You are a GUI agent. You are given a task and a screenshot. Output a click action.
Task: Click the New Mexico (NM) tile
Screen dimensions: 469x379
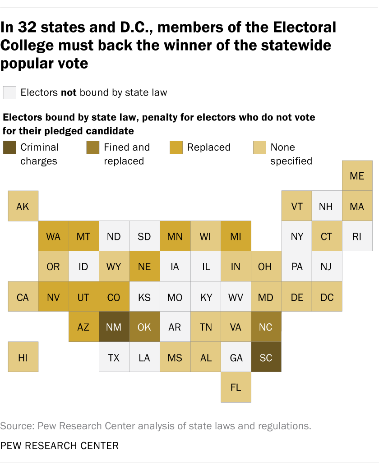[114, 327]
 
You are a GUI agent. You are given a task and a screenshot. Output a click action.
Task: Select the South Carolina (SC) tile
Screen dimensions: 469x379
[266, 357]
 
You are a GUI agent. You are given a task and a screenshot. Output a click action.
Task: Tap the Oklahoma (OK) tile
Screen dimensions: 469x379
[144, 327]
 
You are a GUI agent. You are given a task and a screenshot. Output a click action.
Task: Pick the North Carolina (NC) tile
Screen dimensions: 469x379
[266, 327]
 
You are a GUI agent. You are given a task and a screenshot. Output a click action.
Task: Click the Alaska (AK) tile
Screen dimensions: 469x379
[23, 206]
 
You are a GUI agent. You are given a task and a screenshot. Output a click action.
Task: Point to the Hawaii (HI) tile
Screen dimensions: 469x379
[23, 357]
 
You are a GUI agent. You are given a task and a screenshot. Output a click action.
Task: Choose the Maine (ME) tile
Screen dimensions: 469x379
[357, 175]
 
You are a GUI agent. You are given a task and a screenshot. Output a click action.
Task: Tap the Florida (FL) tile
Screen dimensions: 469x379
[236, 387]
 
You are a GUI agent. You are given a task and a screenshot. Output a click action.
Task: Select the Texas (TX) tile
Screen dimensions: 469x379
[114, 357]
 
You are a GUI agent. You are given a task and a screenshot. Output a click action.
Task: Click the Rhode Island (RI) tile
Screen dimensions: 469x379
[357, 236]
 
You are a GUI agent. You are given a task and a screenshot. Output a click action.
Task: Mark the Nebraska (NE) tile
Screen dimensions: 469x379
[144, 266]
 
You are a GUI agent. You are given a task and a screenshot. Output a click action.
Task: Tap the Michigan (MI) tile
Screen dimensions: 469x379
[236, 236]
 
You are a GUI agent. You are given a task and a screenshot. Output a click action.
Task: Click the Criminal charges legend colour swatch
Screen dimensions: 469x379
[10, 147]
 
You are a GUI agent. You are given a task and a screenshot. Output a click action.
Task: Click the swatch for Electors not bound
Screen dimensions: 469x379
[10, 92]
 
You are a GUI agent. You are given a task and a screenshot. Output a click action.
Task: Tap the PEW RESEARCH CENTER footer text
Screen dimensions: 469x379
[60, 446]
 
